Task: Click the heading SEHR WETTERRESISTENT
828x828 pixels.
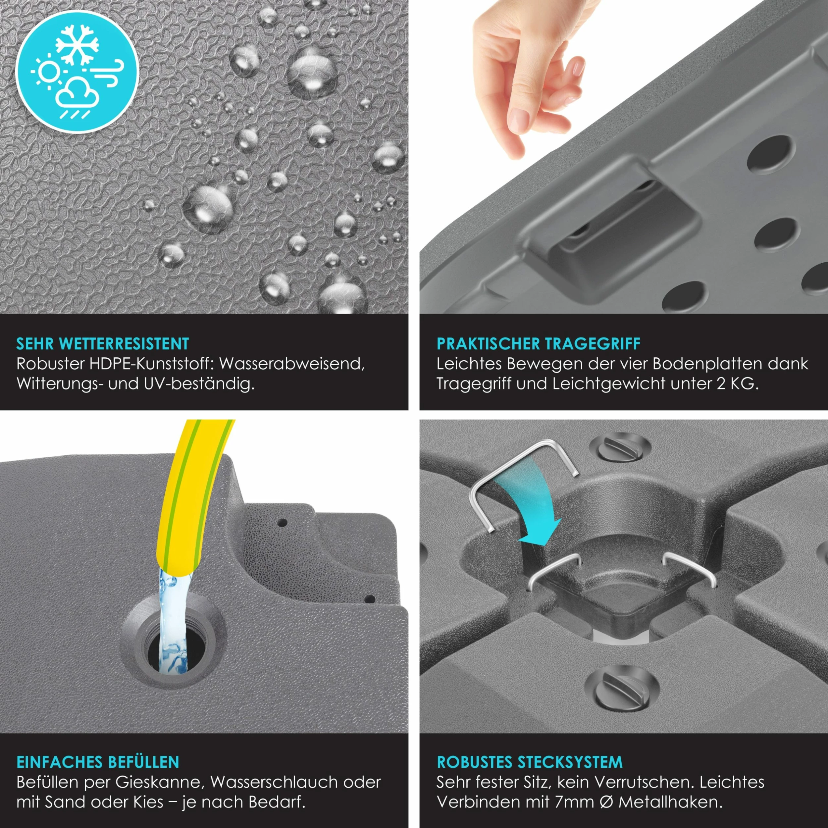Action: pos(102,344)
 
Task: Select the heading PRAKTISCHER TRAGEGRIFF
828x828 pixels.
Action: pos(538,344)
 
